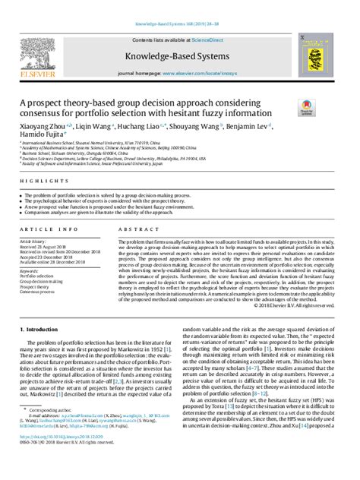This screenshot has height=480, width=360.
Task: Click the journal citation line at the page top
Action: (x=179, y=24)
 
